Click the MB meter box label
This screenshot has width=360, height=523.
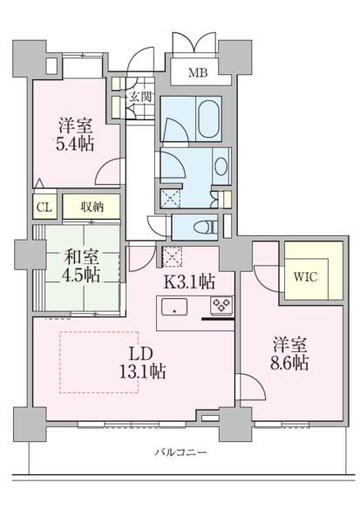199,72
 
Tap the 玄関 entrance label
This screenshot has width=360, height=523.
140,96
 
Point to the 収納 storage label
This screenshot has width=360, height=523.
93,207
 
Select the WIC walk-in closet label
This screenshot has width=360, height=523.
304,279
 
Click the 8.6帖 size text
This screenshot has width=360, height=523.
289,363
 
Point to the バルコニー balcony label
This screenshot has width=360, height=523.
180,452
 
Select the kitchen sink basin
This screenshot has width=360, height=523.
174,308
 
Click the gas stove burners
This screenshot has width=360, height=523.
221,307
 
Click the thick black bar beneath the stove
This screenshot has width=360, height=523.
218,320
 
